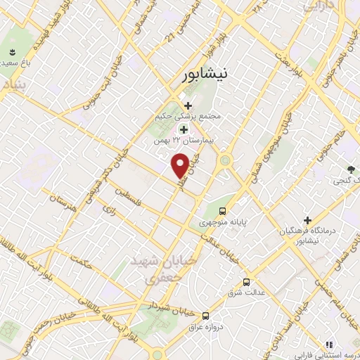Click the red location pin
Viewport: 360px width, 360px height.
(x=180, y=165)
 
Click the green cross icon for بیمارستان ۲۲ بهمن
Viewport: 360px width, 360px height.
(x=184, y=129)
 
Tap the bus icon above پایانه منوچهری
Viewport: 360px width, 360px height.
(x=222, y=210)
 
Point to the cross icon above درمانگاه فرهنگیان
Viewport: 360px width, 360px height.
(x=307, y=220)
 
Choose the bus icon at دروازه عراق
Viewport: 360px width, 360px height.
(x=206, y=316)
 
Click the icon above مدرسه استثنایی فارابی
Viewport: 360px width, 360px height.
(x=328, y=344)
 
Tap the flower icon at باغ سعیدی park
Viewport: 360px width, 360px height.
(x=12, y=53)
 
